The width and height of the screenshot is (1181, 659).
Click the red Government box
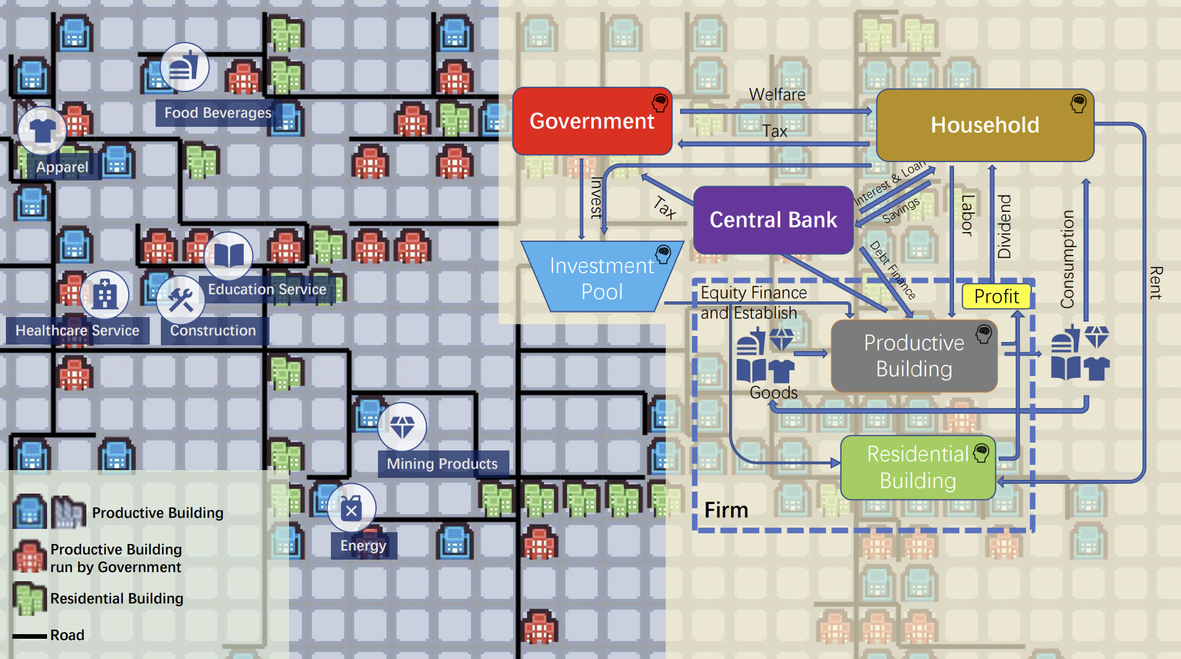(x=592, y=121)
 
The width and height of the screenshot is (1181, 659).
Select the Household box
(x=984, y=125)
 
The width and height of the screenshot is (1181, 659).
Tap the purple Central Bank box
(x=773, y=220)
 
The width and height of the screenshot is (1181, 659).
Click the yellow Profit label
(x=996, y=296)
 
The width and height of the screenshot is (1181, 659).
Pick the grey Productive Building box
(x=914, y=356)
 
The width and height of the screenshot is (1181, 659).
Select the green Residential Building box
(x=917, y=467)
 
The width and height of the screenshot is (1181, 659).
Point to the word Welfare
(x=777, y=95)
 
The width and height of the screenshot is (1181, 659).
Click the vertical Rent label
(x=1155, y=282)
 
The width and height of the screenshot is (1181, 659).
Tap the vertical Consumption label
(x=1067, y=259)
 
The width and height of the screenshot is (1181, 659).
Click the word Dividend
(x=1004, y=226)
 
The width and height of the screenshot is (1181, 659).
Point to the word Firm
(x=726, y=510)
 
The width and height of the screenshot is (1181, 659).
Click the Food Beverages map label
(x=217, y=113)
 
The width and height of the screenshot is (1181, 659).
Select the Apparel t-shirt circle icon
(x=43, y=130)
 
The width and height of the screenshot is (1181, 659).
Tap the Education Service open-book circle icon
(x=228, y=256)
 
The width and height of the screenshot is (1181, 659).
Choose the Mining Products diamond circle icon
(x=402, y=427)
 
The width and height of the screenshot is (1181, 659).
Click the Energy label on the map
(x=363, y=545)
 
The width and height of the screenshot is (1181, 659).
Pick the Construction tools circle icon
(x=180, y=300)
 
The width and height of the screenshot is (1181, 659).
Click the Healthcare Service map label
(x=77, y=331)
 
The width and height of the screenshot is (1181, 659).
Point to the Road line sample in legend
(x=29, y=635)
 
